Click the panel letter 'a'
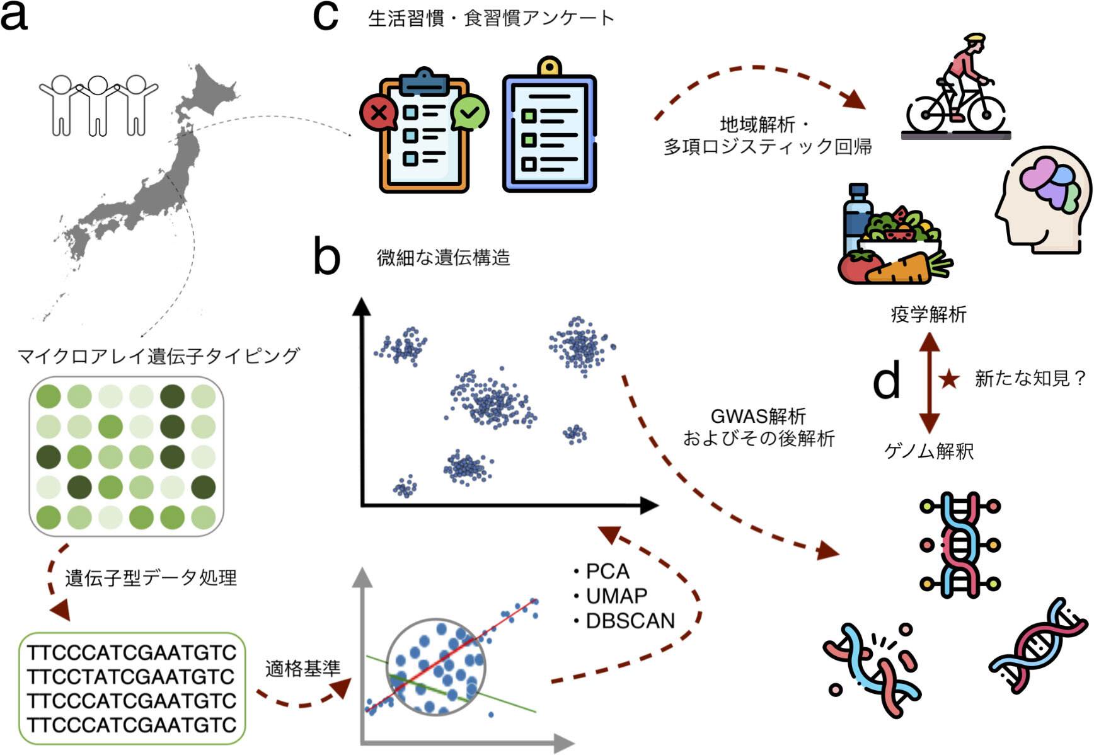(x=14, y=16)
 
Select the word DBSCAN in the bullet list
(x=630, y=621)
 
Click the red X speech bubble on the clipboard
(x=378, y=113)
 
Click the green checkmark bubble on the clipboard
(x=470, y=112)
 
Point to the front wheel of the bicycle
(x=987, y=113)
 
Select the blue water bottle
(x=858, y=217)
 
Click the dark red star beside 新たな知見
(x=948, y=379)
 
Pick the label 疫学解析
(x=928, y=314)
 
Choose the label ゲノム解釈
(x=929, y=451)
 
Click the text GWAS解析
(x=758, y=416)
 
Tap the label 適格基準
(x=302, y=668)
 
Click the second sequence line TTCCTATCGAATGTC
(x=131, y=676)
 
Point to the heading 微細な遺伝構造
(x=443, y=258)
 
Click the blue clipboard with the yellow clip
(x=550, y=127)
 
